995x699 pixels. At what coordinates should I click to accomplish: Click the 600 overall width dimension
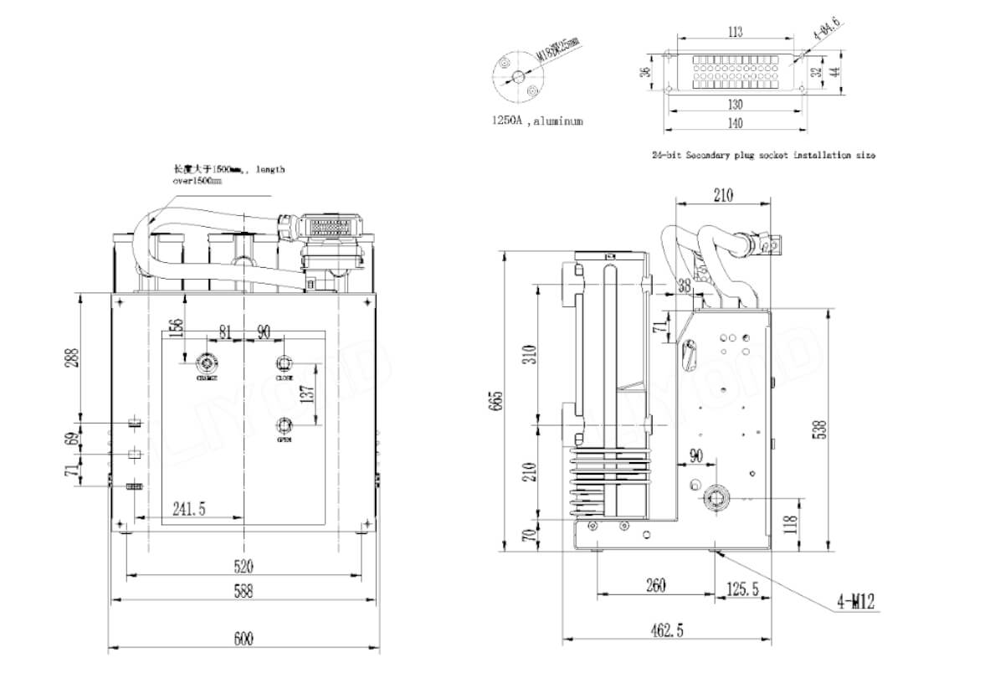(242, 640)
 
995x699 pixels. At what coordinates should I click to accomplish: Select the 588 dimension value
(242, 591)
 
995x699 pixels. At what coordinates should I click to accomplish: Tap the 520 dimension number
(242, 566)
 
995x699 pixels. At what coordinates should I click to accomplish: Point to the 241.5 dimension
(190, 508)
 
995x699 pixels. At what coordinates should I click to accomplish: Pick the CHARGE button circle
(206, 363)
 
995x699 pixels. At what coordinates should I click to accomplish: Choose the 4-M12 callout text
(854, 600)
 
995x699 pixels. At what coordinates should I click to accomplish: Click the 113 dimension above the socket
(734, 33)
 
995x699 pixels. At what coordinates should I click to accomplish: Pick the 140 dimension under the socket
(734, 123)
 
